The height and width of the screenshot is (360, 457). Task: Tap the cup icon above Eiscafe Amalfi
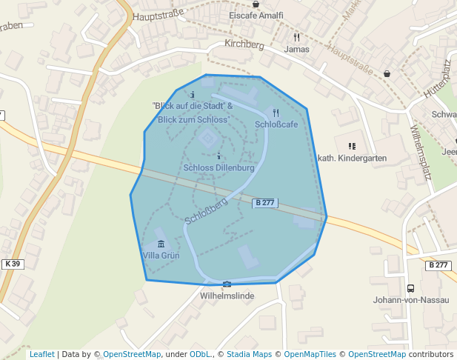[x=256, y=4]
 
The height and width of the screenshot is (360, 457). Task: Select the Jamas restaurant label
[x=296, y=49]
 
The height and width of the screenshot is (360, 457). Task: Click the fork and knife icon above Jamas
[x=296, y=37]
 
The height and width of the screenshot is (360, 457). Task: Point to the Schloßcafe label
[x=276, y=124]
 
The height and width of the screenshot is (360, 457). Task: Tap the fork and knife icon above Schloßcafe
[x=276, y=113]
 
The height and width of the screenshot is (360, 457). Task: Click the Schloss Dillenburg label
[x=219, y=168]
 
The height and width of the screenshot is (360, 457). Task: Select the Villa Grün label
[x=161, y=256]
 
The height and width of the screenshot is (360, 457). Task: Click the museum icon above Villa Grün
[x=161, y=244]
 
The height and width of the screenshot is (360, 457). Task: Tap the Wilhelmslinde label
[x=227, y=296]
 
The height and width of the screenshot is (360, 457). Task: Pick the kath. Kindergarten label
[x=352, y=159]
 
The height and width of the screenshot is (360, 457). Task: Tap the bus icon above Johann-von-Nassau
[x=410, y=288]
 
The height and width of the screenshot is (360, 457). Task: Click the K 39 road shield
[x=13, y=264]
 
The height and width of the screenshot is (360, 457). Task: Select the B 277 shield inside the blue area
[x=264, y=202]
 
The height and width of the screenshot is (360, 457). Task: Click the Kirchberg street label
[x=244, y=45]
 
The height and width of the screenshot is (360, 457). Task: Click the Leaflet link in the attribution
[x=42, y=355]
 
